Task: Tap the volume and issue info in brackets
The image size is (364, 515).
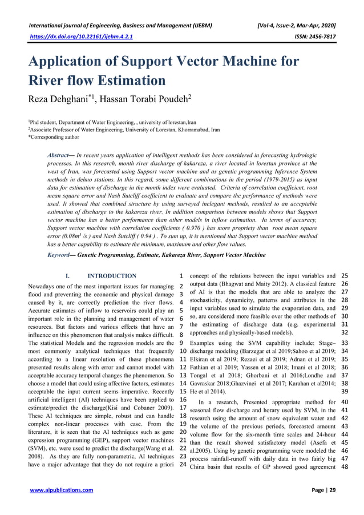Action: tap(297, 26)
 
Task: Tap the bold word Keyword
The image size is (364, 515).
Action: tap(60, 255)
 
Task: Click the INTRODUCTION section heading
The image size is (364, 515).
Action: tap(112, 276)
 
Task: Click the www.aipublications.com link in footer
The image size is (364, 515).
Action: tap(63, 490)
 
